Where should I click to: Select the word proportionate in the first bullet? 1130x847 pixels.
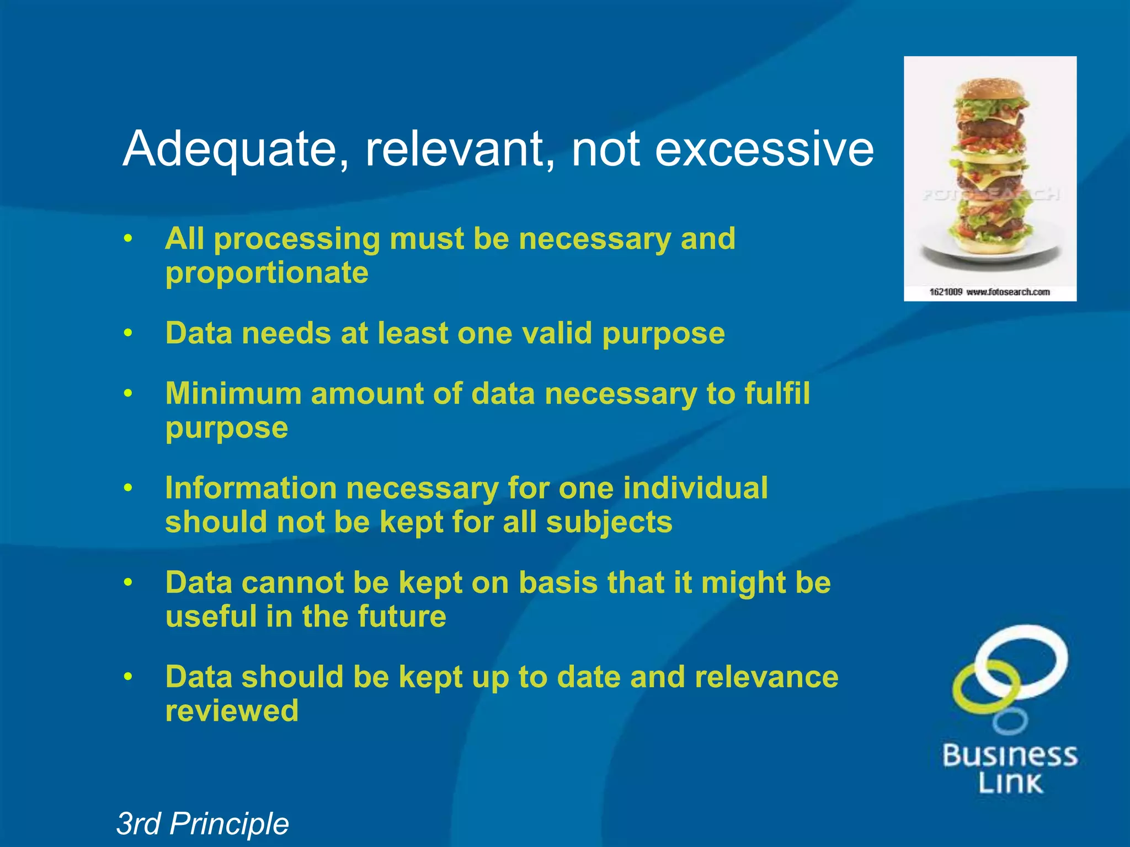[266, 273]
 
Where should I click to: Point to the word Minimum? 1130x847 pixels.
[233, 394]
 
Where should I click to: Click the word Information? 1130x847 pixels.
[251, 488]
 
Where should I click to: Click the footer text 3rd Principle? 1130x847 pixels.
[202, 824]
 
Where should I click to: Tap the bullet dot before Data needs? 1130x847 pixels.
[129, 334]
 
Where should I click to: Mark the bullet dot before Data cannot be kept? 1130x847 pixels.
[129, 583]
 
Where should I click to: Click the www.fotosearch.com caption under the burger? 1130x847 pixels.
[1008, 292]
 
